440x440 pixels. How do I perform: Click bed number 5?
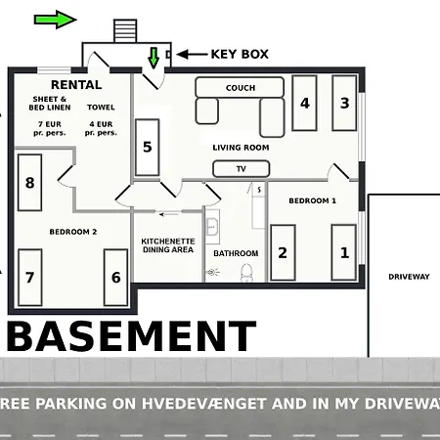[148, 148]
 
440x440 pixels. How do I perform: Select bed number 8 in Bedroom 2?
[29, 183]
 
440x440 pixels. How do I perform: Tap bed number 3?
[344, 103]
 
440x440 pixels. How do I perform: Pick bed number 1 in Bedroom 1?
[344, 252]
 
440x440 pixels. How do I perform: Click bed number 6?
[115, 278]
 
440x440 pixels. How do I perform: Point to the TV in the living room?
[242, 169]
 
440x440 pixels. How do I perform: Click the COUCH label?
[241, 88]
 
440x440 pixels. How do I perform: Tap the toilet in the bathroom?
[246, 273]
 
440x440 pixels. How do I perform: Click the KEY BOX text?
[240, 54]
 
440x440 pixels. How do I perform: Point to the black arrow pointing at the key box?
[192, 55]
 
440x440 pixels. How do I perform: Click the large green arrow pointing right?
[56, 20]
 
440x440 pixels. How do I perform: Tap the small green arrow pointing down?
[154, 58]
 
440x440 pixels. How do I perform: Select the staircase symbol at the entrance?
[125, 31]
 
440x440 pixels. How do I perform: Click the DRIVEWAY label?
[409, 277]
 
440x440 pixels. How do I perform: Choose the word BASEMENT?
[131, 336]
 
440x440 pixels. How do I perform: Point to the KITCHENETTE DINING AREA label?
[168, 245]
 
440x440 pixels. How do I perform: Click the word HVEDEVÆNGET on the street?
[204, 404]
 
